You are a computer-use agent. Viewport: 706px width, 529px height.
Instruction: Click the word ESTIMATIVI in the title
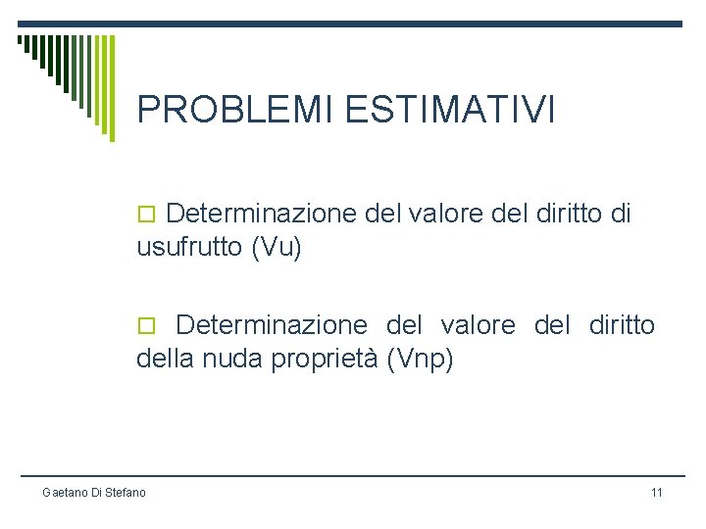[450, 110]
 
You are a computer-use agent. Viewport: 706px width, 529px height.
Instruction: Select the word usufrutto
[189, 249]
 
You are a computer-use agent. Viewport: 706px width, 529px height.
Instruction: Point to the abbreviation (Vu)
[277, 249]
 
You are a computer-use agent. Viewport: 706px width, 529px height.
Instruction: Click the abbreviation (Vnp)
[421, 361]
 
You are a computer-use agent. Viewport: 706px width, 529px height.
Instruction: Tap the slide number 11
[656, 492]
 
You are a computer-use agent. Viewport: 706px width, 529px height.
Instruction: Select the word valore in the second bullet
[478, 325]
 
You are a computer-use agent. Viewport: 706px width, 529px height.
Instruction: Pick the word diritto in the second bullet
[622, 325]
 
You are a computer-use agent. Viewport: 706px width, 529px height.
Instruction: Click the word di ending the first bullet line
[621, 214]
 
